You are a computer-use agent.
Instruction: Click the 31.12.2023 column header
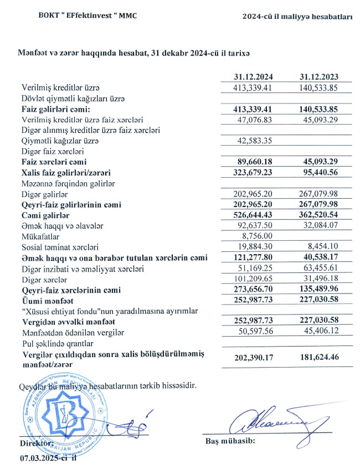[318, 78]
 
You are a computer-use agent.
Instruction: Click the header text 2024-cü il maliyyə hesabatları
[298, 17]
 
